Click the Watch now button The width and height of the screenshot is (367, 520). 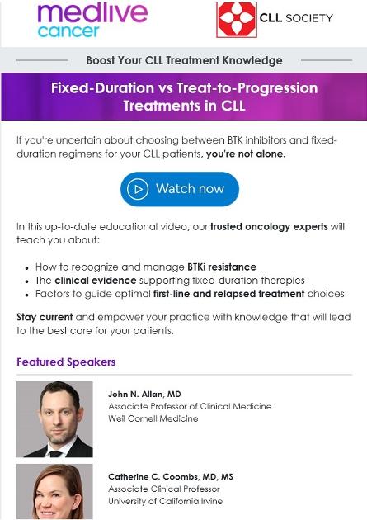click(x=179, y=189)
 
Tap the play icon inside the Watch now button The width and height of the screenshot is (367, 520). click(x=139, y=189)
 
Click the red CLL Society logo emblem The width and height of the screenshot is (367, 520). click(x=236, y=20)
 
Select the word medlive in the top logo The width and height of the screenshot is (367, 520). click(x=92, y=12)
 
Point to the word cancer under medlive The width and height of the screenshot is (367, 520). click(x=68, y=31)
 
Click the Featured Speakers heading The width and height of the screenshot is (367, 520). click(x=66, y=362)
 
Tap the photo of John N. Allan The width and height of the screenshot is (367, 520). click(x=54, y=418)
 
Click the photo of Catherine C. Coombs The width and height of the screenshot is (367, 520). click(x=54, y=492)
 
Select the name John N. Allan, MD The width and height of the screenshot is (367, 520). click(x=144, y=395)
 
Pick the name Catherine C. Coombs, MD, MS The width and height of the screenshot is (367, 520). click(x=171, y=477)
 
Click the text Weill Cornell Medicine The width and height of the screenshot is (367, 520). click(x=153, y=418)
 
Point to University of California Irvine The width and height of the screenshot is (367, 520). click(x=165, y=501)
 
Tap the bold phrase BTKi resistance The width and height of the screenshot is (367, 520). click(x=222, y=267)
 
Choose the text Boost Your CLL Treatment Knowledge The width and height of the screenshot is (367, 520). click(x=184, y=60)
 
